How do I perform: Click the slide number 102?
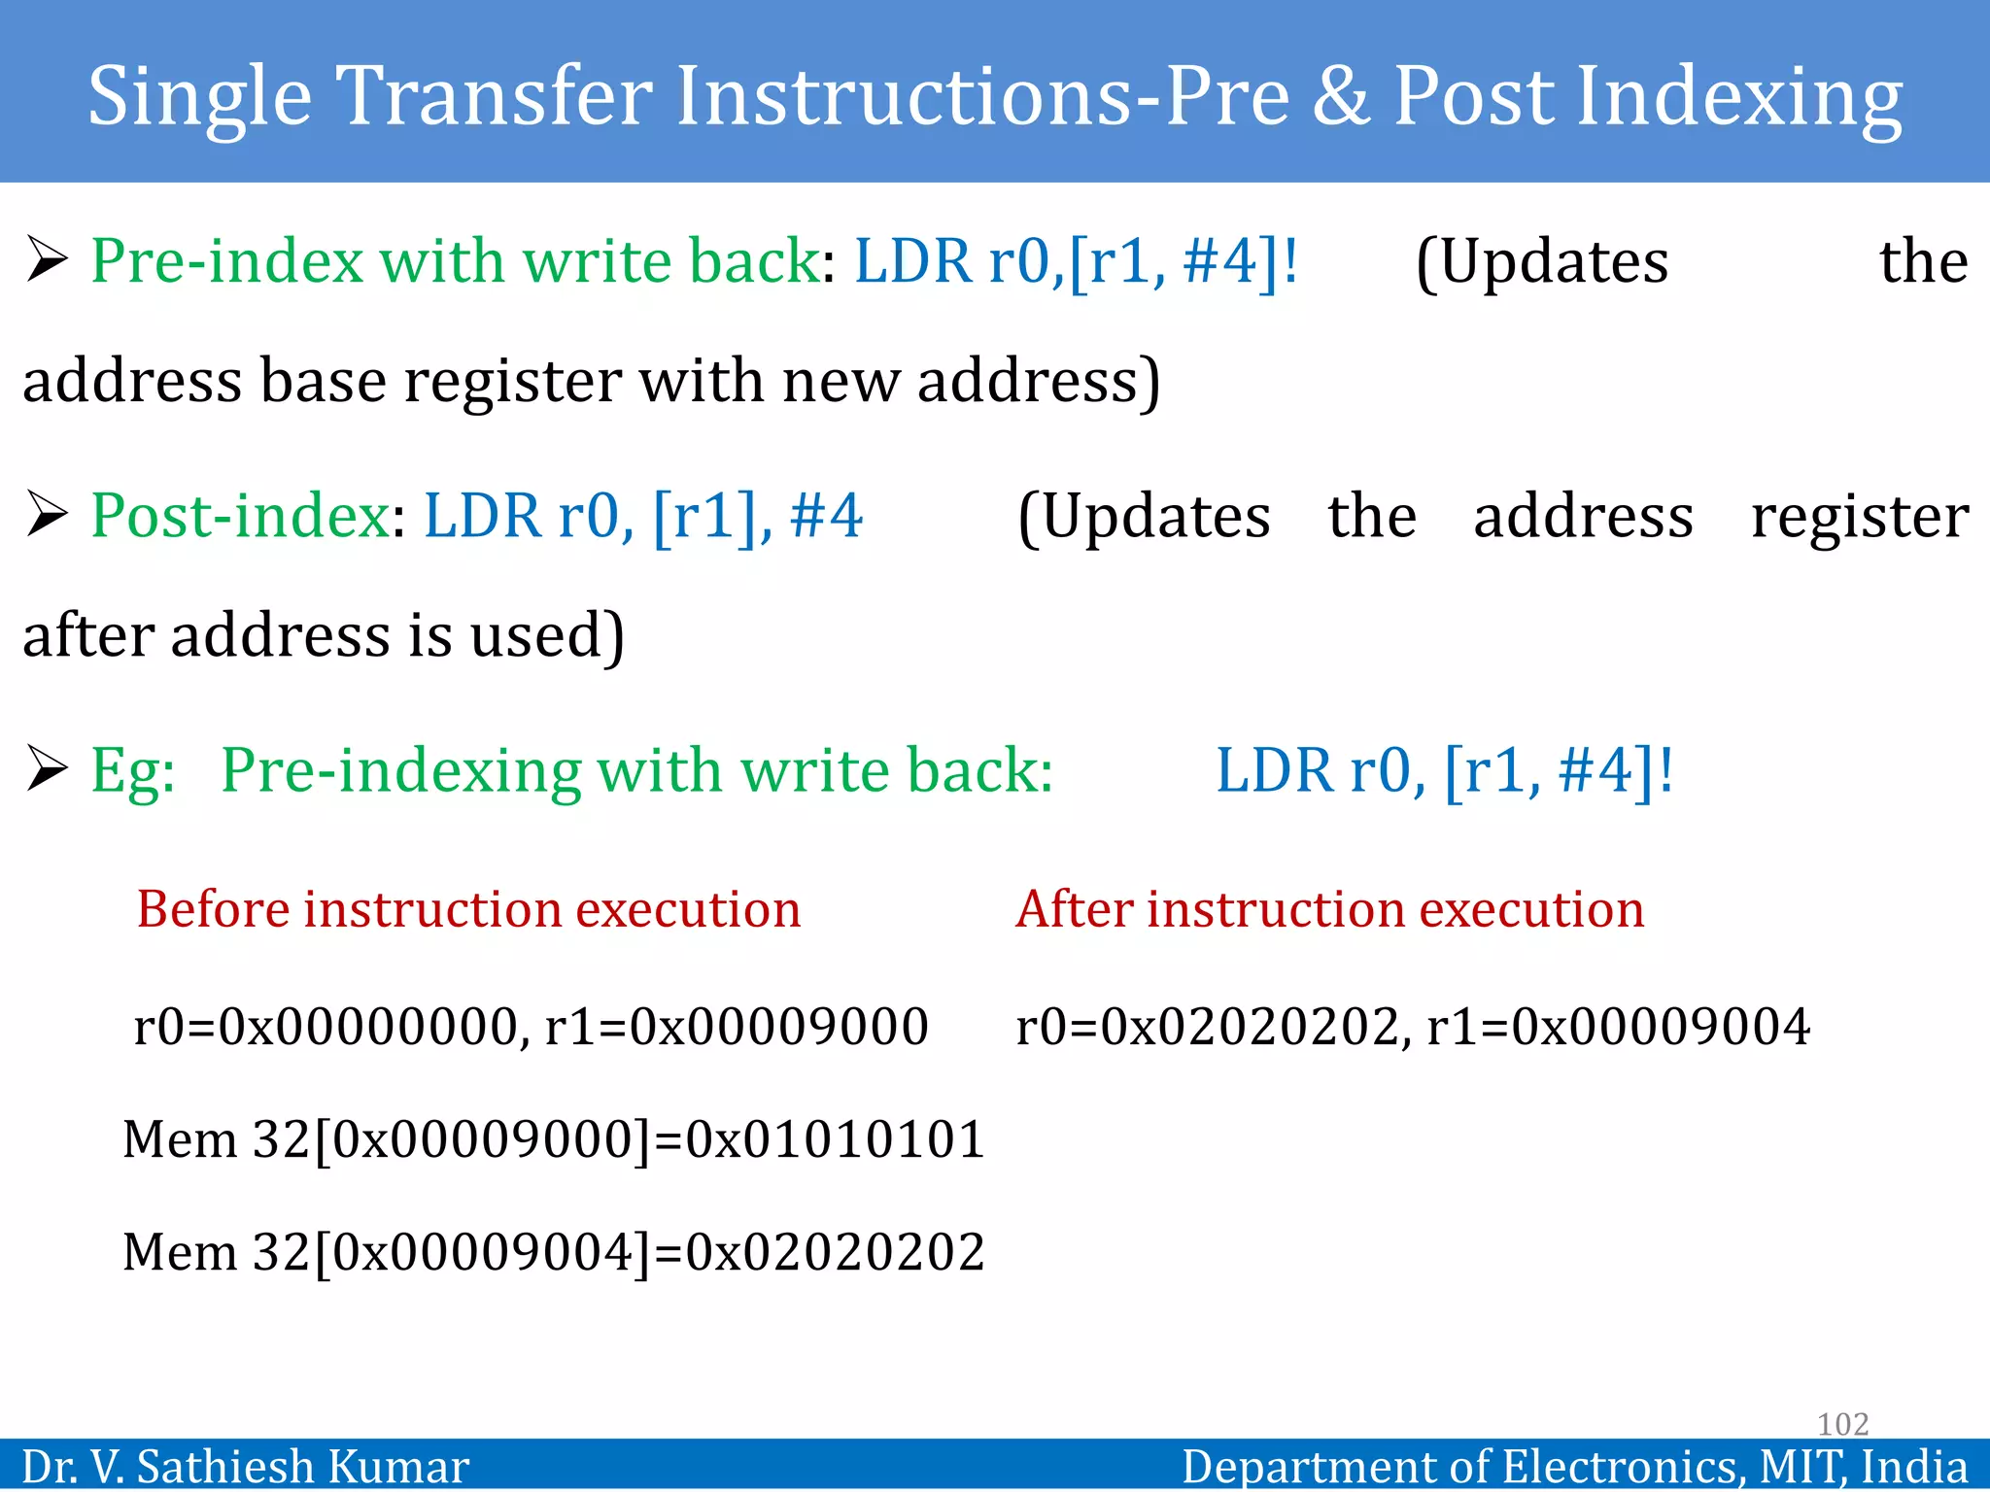tap(1842, 1424)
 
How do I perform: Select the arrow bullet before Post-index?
tap(47, 515)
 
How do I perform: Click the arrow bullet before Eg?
tap(47, 770)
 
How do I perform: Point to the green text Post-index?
tap(240, 516)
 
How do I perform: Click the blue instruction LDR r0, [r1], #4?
tap(642, 516)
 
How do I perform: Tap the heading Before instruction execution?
tap(468, 910)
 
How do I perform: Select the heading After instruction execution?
tap(1329, 910)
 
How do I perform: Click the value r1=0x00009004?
tap(1618, 1027)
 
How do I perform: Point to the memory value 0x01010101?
tap(836, 1139)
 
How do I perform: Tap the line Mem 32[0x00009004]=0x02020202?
tap(554, 1252)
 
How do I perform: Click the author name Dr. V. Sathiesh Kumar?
tap(245, 1467)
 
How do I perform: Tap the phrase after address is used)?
tap(323, 636)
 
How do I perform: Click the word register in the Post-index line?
tap(1859, 516)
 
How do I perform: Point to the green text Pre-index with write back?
tap(455, 261)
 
